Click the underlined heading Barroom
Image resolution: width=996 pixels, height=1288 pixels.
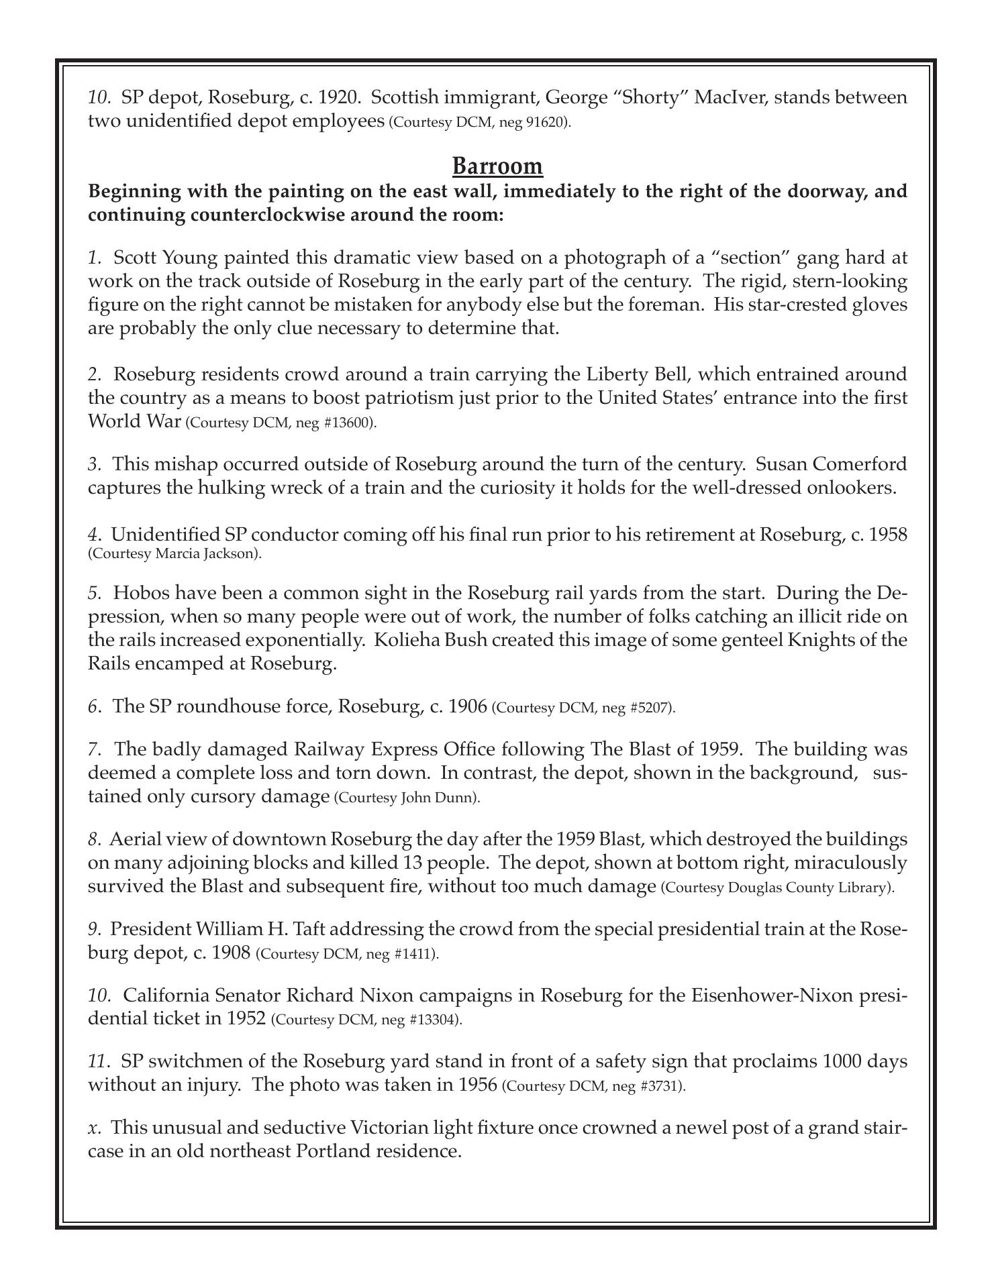tap(497, 166)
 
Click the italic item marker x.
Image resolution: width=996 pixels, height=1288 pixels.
tap(93, 1128)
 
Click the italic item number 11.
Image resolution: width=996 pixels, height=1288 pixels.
tap(98, 1062)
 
